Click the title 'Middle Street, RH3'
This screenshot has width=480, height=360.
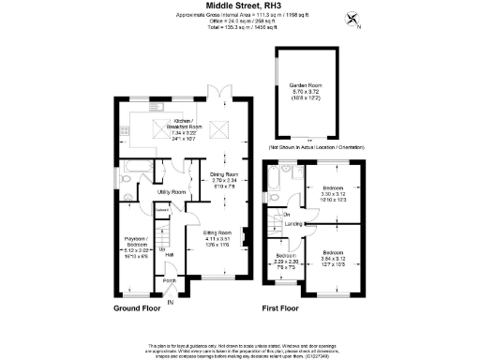tap(239, 6)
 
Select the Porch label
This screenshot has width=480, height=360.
tap(171, 280)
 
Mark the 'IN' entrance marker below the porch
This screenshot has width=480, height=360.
tap(170, 302)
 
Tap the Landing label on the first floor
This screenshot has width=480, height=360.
tap(292, 224)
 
